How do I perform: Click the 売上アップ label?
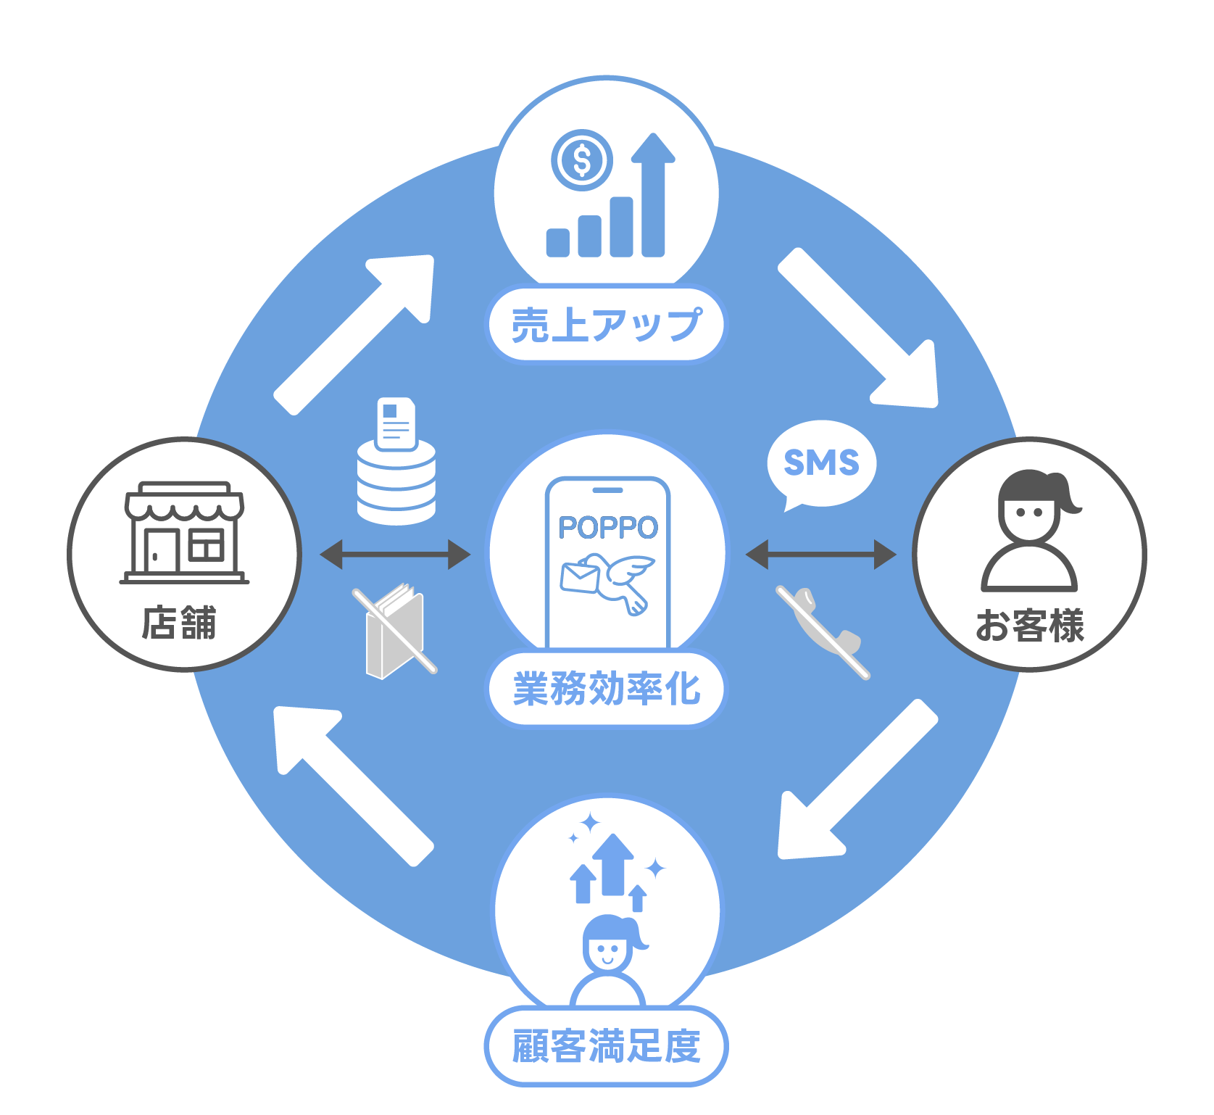coord(607,324)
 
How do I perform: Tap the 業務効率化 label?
coord(607,688)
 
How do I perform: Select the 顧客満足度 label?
coord(607,1046)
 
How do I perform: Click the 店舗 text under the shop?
coord(179,623)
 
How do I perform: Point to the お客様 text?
coord(1029,626)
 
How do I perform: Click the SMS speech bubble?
coord(821,465)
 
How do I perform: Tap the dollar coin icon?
coord(581,160)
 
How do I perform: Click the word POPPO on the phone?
coord(607,527)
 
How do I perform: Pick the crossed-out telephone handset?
coord(823,631)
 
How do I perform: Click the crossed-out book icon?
coord(395,630)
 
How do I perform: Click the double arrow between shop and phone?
coord(395,555)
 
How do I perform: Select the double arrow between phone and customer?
coord(821,555)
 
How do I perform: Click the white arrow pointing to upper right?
coord(353,335)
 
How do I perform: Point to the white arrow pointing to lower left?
coord(858,779)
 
